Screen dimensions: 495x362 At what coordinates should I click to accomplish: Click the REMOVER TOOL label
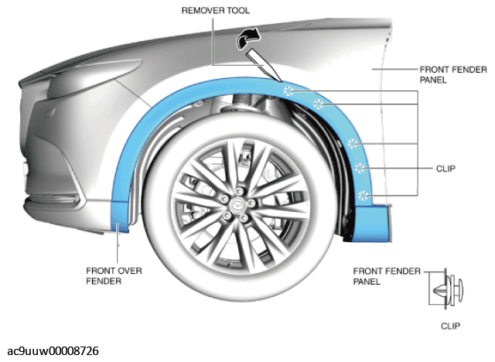pyautogui.click(x=216, y=10)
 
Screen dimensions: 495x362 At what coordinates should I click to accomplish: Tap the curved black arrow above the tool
pyautogui.click(x=248, y=38)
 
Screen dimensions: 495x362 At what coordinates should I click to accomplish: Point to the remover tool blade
pyautogui.click(x=263, y=65)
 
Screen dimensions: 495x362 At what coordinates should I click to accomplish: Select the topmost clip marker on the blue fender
pyautogui.click(x=288, y=91)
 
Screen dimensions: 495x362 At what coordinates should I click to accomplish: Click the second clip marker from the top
pyautogui.click(x=319, y=104)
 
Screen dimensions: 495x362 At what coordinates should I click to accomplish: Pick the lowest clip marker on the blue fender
pyautogui.click(x=364, y=196)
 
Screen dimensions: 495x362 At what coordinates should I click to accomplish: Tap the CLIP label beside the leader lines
pyautogui.click(x=445, y=169)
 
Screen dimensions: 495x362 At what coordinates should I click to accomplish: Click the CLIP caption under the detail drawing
pyautogui.click(x=450, y=326)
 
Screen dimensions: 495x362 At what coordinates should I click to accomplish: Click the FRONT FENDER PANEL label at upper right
pyautogui.click(x=453, y=74)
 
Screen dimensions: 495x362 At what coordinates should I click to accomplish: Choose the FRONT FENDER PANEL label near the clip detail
pyautogui.click(x=387, y=276)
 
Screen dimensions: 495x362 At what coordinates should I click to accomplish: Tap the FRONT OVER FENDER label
pyautogui.click(x=114, y=275)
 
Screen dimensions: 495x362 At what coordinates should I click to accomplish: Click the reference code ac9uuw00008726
pyautogui.click(x=53, y=351)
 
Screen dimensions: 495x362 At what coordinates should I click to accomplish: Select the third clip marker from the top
pyautogui.click(x=353, y=144)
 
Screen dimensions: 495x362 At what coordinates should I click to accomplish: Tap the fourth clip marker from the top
pyautogui.click(x=359, y=168)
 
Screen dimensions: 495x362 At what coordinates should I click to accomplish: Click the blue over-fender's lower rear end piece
pyautogui.click(x=372, y=224)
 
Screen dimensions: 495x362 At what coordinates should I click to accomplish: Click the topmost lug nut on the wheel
pyautogui.click(x=240, y=191)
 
